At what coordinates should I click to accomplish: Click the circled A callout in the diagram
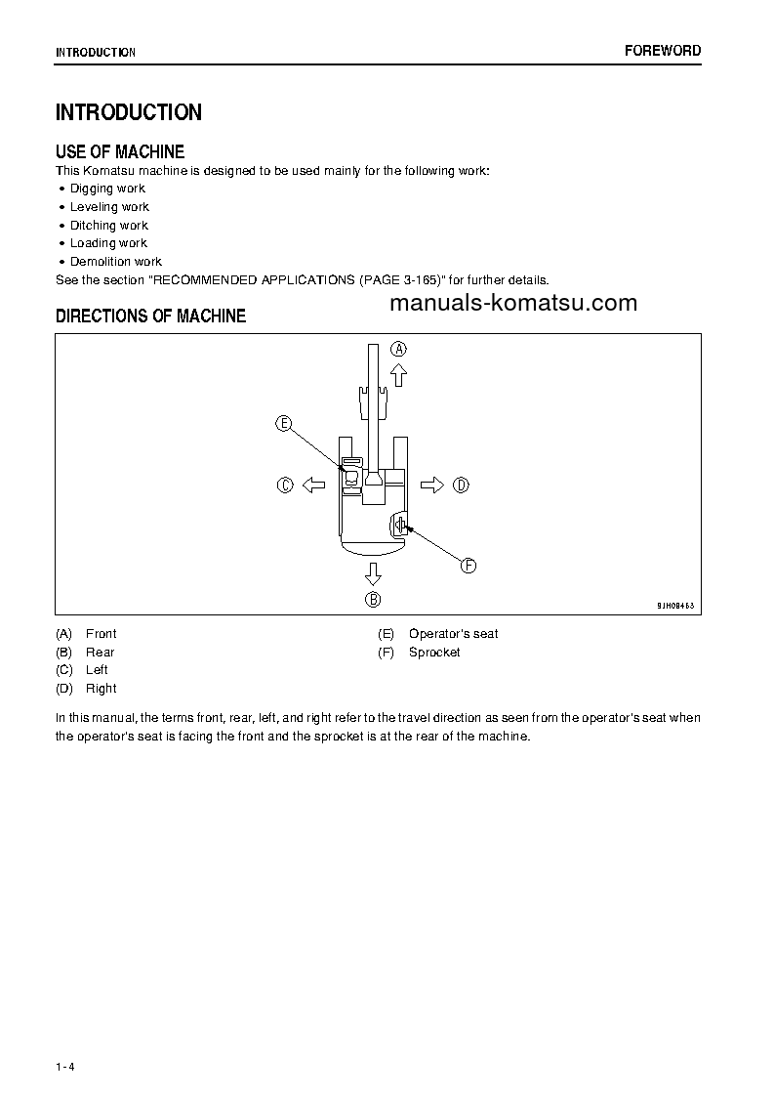coord(399,349)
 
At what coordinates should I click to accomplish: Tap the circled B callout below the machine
coord(373,599)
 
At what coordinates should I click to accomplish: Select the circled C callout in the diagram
coord(285,485)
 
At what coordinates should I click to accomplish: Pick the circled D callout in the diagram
coord(462,485)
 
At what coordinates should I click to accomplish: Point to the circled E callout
coord(283,423)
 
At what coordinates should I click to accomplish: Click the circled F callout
coord(468,566)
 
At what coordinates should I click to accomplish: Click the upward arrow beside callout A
coord(398,374)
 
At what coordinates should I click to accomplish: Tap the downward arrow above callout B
coord(373,572)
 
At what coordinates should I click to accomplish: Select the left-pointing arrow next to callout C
coord(312,485)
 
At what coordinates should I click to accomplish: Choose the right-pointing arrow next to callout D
coord(432,485)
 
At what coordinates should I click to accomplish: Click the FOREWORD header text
coord(662,51)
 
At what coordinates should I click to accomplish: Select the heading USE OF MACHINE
coord(120,151)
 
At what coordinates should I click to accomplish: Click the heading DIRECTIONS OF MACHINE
coord(150,316)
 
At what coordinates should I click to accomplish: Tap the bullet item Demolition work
coord(115,262)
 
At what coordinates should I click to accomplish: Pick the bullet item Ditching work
coord(108,225)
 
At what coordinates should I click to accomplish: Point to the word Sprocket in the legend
coord(434,653)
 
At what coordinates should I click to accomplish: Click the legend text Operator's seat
coord(453,634)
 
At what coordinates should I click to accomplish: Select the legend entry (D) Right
coord(87,689)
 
